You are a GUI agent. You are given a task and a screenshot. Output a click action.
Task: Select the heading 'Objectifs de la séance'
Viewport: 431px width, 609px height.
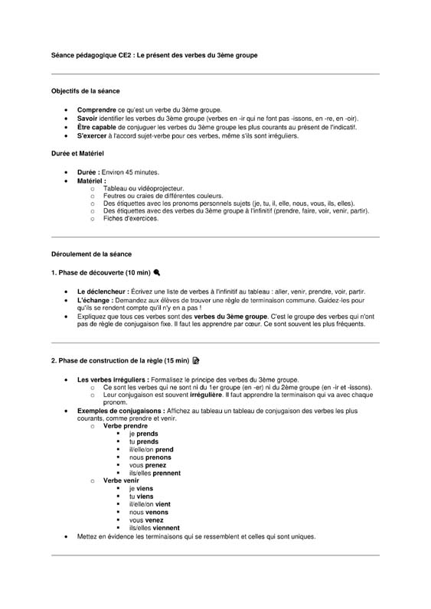click(x=85, y=91)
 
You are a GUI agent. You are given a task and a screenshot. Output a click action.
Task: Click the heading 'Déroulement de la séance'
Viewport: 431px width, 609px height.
click(x=91, y=253)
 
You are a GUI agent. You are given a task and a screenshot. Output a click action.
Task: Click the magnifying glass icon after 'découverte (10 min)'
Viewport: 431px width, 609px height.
click(x=157, y=272)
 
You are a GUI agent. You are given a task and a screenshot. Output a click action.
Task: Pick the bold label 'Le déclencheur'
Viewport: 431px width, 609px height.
click(x=103, y=291)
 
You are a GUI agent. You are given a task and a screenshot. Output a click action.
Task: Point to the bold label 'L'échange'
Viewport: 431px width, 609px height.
click(x=94, y=299)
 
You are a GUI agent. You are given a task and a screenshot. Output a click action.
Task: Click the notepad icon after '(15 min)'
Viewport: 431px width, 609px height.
click(x=195, y=360)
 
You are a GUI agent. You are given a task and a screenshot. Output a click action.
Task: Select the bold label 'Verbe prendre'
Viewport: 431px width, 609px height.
click(x=126, y=425)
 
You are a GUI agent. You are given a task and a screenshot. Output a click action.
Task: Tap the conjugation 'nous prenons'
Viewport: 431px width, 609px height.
click(x=150, y=458)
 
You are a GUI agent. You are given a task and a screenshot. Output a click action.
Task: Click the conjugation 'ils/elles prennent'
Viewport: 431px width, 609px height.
click(x=155, y=473)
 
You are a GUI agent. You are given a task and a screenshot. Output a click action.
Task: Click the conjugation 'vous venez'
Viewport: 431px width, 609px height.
click(x=147, y=520)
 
